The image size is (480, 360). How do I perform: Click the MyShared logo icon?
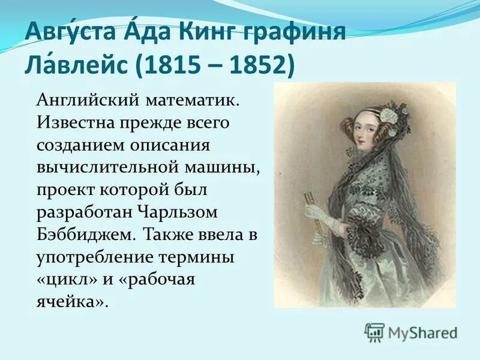pos(375,331)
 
